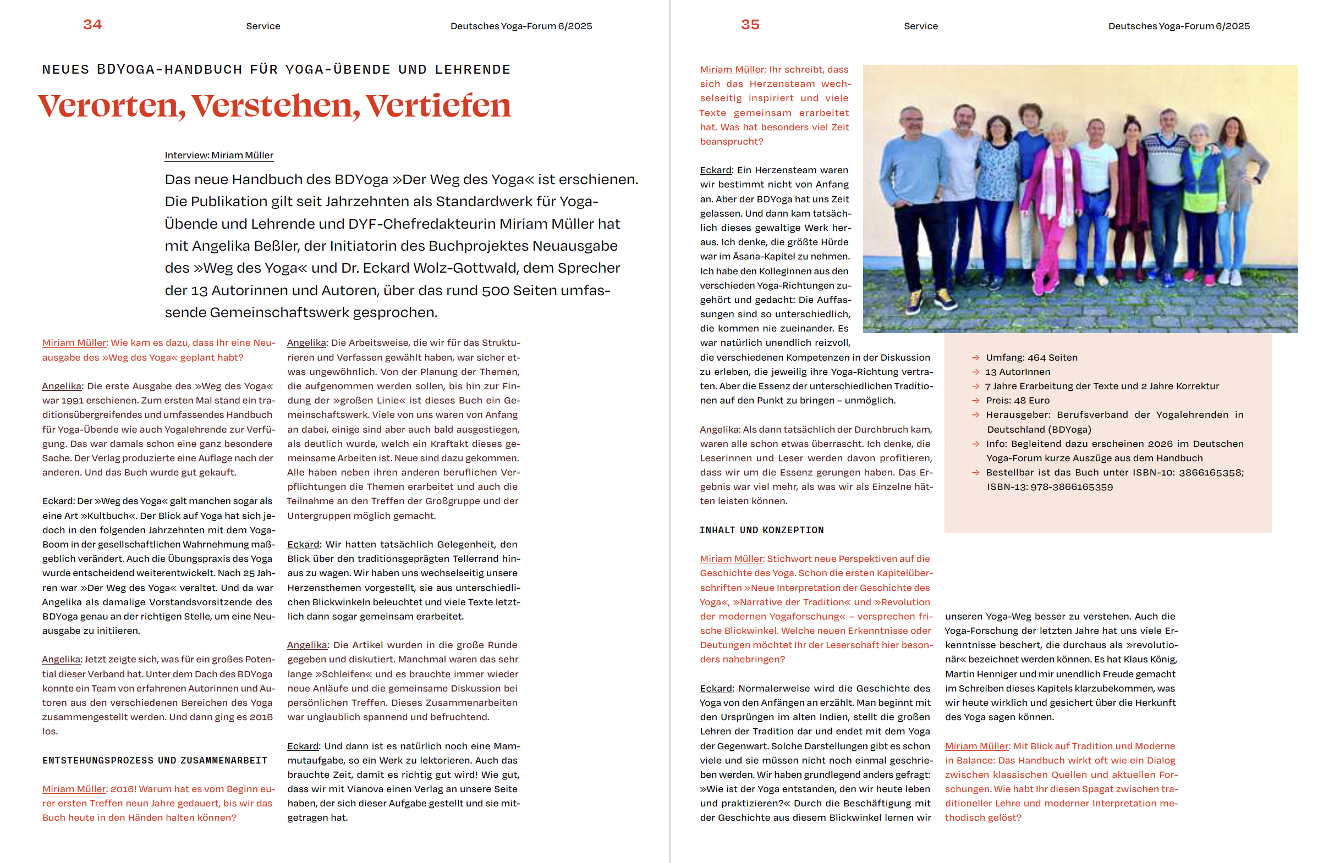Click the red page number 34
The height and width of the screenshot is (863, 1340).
pos(92,25)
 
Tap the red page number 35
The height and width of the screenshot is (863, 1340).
pos(750,25)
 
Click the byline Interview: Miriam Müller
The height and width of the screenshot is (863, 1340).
pos(219,155)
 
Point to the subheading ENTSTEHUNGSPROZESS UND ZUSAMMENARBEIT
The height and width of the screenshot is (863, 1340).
pos(155,760)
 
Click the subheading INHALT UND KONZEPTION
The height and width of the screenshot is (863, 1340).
pos(761,530)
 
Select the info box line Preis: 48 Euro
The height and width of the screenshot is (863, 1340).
pos(1017,401)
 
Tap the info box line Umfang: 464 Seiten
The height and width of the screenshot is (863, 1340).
pos(1031,357)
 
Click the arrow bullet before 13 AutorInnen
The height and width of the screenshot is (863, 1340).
pos(975,372)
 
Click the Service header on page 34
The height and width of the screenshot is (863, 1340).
pos(263,26)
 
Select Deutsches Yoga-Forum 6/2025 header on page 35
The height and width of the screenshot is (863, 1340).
pos(1178,26)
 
